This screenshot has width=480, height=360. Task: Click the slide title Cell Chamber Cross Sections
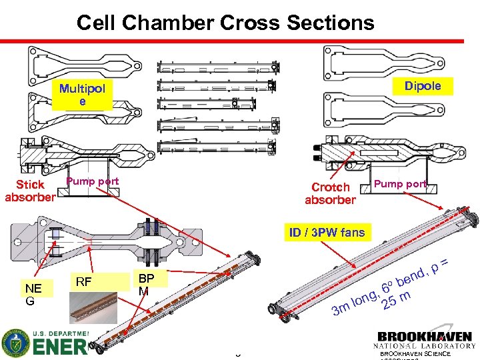[x=225, y=23]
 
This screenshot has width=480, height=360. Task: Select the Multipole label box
[x=82, y=95]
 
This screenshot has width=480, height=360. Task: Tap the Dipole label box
[x=423, y=86]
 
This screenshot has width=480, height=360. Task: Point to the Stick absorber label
[x=30, y=190]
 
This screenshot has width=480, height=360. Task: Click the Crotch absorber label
[x=330, y=193]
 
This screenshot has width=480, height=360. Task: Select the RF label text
[x=84, y=281]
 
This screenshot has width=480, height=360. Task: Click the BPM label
[x=146, y=284]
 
